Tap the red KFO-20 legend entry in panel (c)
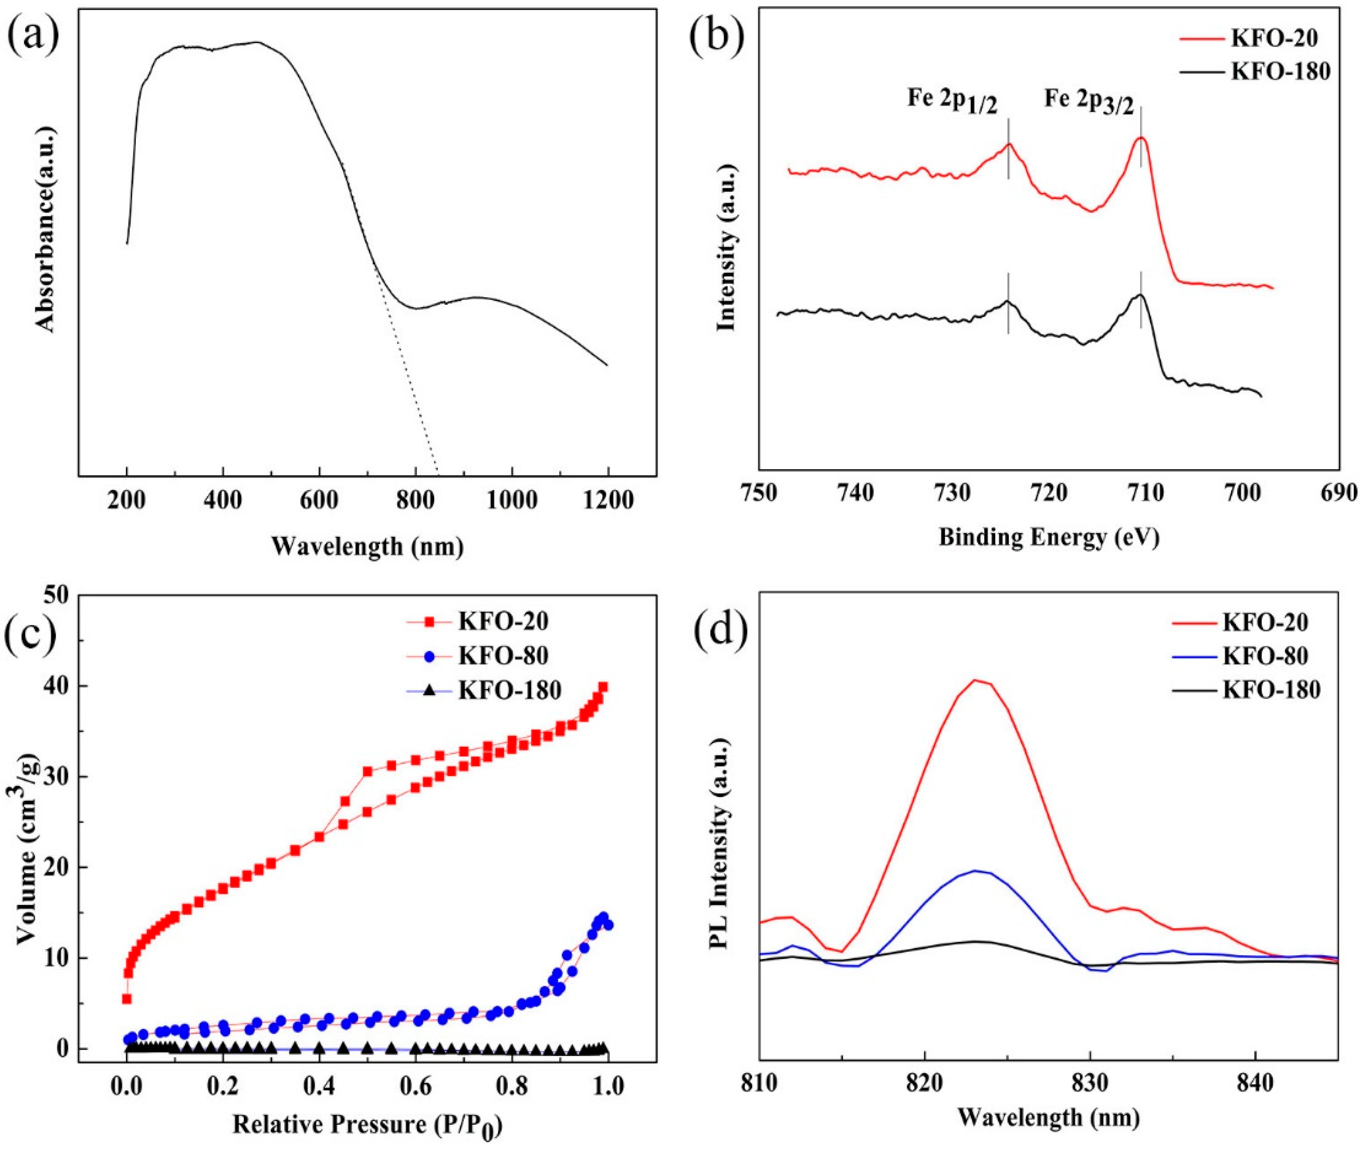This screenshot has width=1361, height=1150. tap(502, 621)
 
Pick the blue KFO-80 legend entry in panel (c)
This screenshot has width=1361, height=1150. tap(502, 656)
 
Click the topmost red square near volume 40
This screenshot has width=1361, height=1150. tap(603, 686)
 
